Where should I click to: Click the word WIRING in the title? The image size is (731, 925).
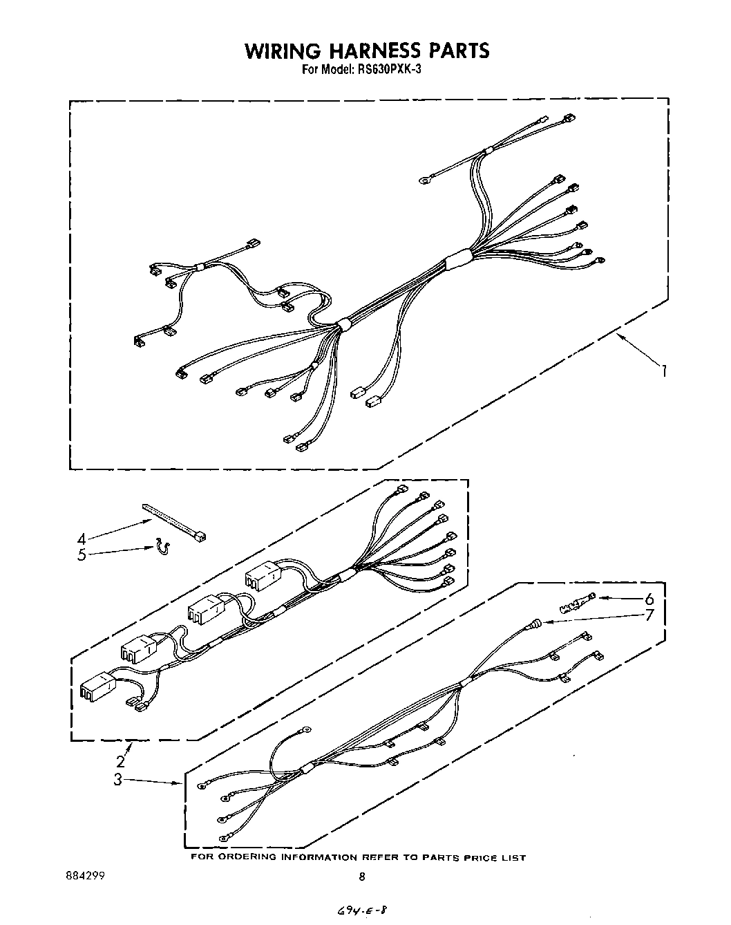tap(281, 50)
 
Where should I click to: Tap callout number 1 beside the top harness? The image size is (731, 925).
tap(663, 371)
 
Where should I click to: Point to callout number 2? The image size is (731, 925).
tap(121, 761)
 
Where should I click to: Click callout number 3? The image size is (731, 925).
tap(119, 780)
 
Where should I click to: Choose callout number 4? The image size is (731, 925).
tap(82, 539)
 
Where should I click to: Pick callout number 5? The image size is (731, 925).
tap(82, 554)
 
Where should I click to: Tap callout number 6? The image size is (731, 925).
tap(649, 599)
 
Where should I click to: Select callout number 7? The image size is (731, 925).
tap(649, 615)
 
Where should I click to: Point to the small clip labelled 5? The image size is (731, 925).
tap(162, 547)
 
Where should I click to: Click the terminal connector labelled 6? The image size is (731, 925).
tap(576, 604)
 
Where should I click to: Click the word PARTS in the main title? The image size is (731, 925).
tap(457, 50)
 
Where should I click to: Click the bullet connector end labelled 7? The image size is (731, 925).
tap(531, 626)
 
